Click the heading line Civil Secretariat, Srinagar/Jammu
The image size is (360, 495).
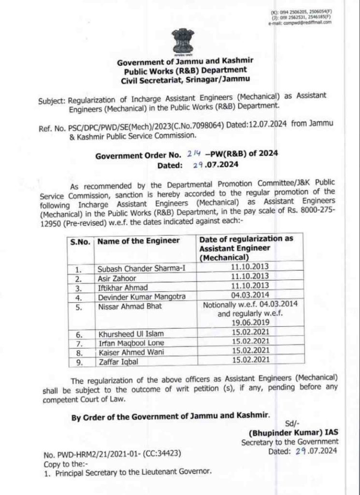(184, 80)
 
